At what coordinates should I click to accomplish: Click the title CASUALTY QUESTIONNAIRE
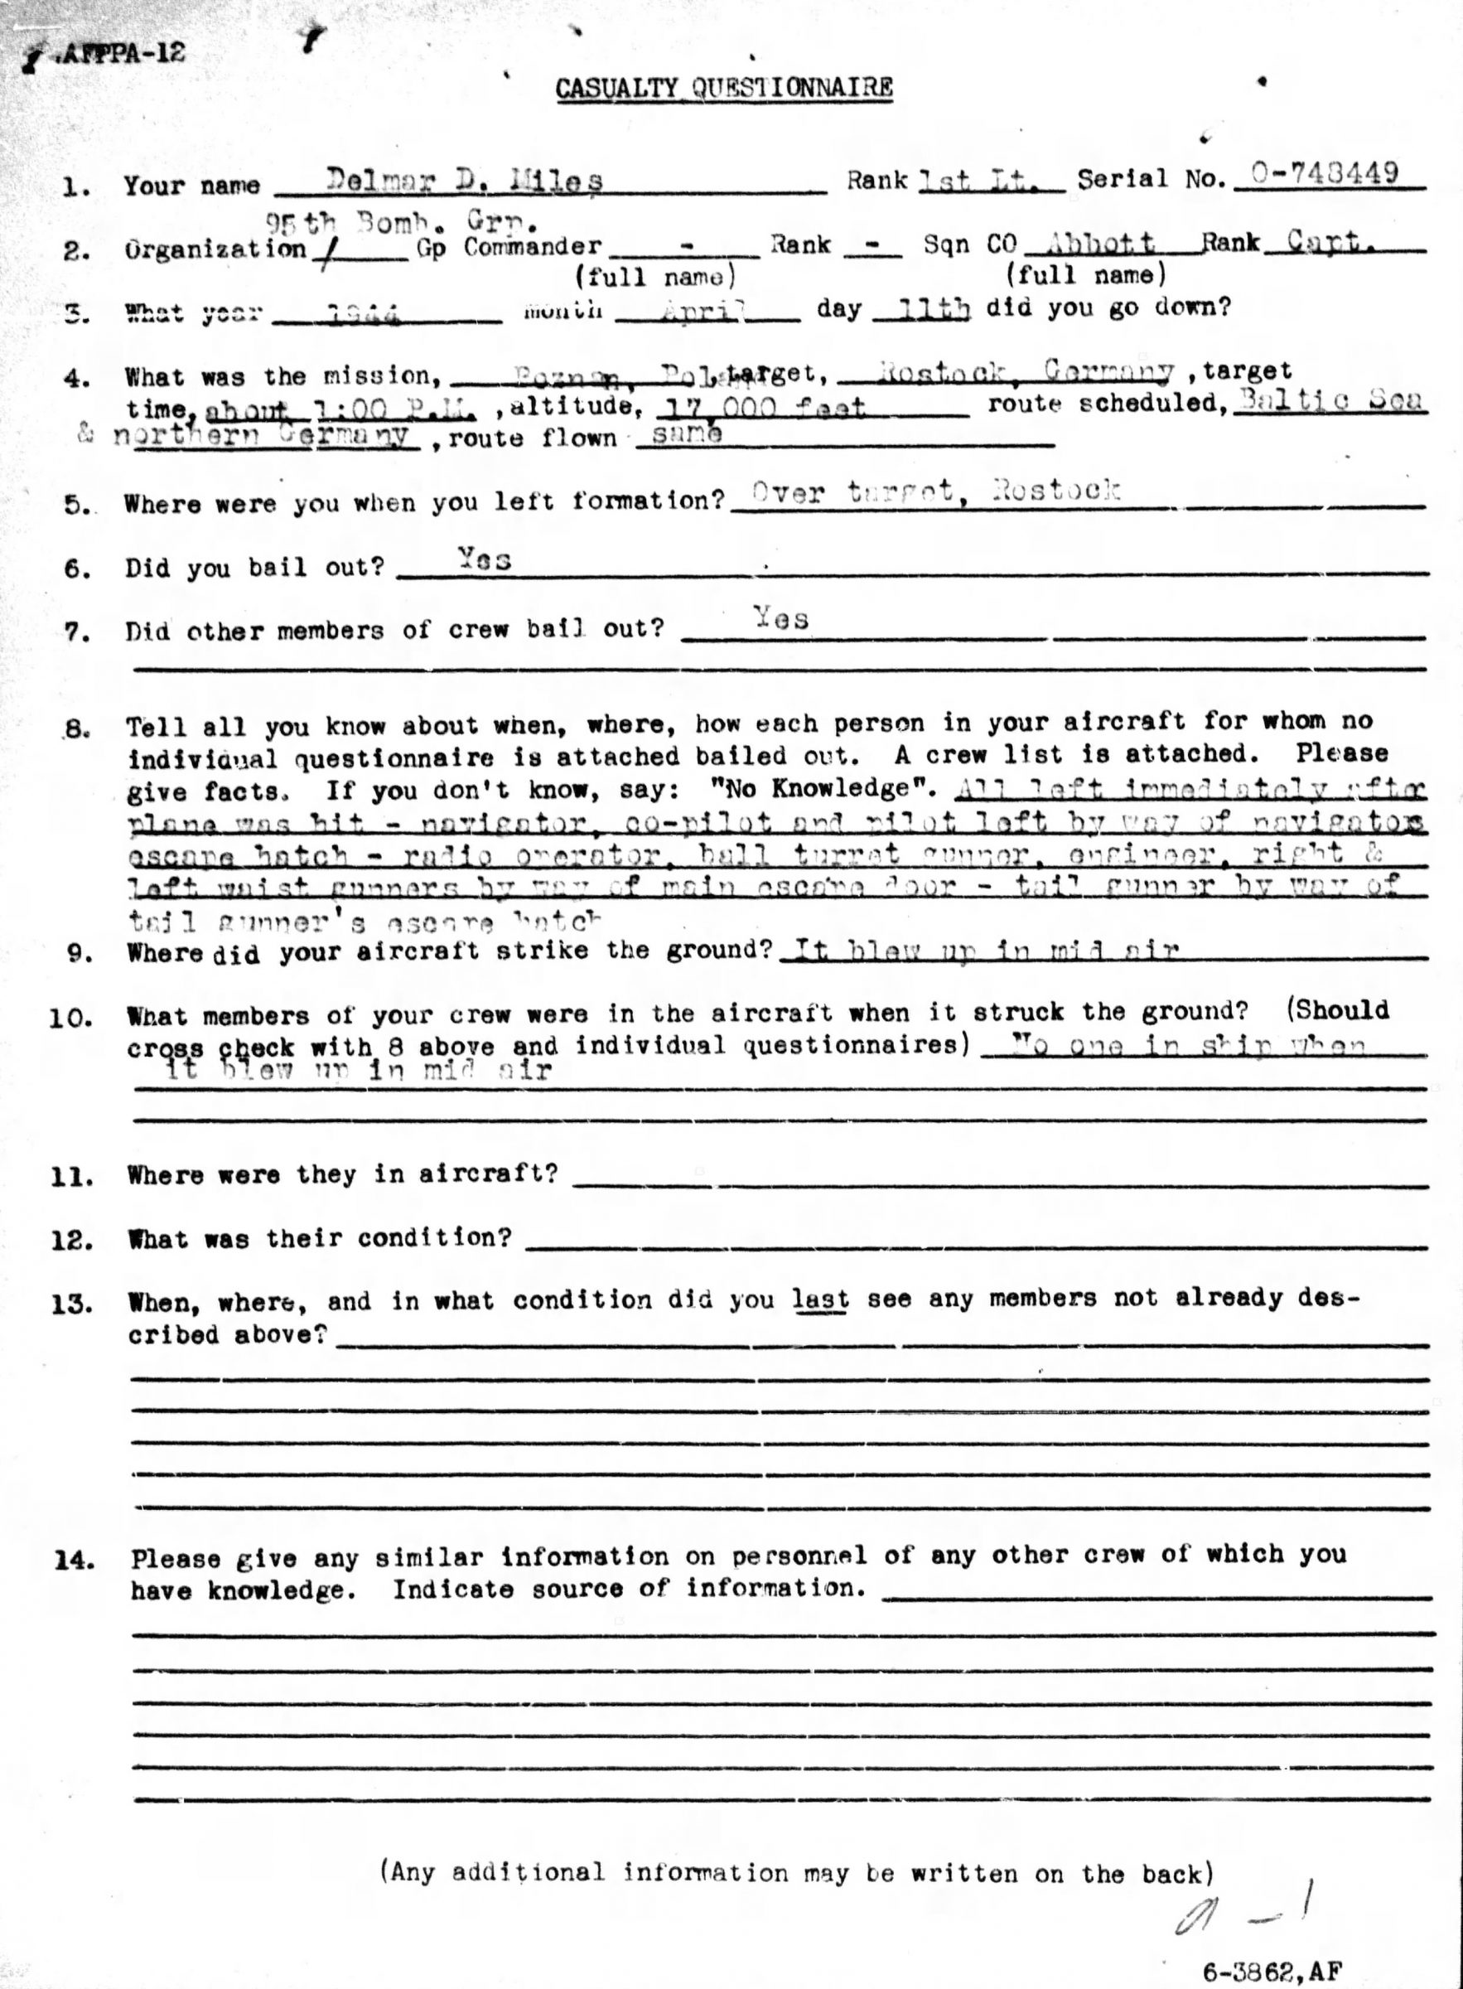point(723,89)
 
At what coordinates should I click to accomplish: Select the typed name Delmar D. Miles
point(464,181)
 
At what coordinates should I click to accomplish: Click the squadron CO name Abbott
point(1100,242)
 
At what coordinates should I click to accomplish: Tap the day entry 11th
point(934,308)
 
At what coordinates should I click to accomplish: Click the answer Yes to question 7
point(780,617)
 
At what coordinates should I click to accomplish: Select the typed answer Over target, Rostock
point(935,491)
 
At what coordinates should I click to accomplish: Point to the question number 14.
point(75,1561)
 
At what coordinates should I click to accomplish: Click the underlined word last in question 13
point(819,1299)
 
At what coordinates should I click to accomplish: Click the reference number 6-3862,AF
point(1272,1948)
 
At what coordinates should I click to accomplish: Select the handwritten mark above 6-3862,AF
point(1243,1902)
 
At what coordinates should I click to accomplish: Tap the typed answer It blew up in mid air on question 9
point(985,951)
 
